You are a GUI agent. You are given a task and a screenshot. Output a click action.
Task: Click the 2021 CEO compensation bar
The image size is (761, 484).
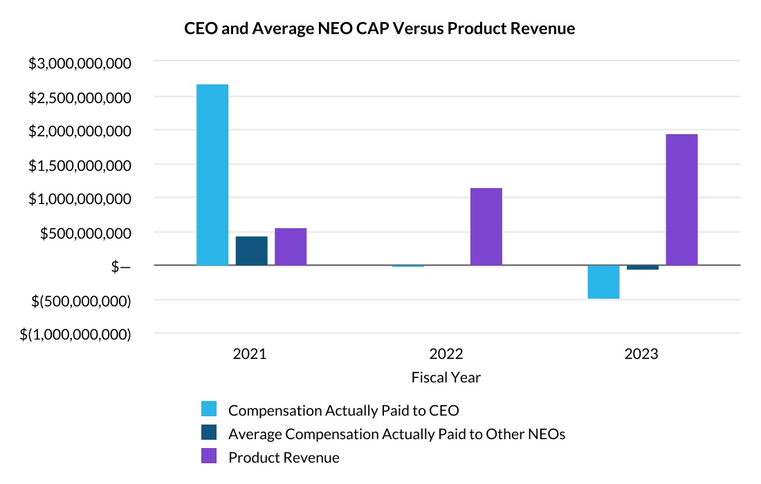click(x=212, y=174)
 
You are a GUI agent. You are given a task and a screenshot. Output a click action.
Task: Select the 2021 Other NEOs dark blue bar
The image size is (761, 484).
click(x=251, y=251)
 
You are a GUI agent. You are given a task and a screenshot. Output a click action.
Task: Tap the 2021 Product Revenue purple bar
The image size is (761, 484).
click(x=291, y=247)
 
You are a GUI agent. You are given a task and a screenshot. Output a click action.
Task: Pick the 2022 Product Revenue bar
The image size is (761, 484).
click(x=486, y=227)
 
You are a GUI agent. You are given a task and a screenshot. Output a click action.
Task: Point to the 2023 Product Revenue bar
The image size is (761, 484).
click(x=681, y=200)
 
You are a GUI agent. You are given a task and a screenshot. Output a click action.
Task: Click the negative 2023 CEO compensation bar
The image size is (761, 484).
click(x=603, y=282)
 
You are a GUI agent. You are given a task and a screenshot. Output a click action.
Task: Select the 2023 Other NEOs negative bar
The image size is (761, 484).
click(x=643, y=268)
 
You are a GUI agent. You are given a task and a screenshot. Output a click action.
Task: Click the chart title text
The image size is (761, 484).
click(x=380, y=29)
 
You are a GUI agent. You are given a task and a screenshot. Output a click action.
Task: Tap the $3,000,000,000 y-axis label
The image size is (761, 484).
click(x=80, y=63)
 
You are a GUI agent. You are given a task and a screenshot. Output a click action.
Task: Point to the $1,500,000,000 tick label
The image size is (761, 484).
click(x=80, y=165)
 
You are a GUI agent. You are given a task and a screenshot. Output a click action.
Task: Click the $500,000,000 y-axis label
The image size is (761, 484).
click(x=85, y=233)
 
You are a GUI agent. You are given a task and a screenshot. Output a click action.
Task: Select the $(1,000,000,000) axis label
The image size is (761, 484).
click(x=75, y=335)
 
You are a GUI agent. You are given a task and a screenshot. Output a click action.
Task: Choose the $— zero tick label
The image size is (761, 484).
click(x=120, y=267)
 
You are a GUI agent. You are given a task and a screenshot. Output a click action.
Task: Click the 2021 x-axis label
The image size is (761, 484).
click(x=250, y=355)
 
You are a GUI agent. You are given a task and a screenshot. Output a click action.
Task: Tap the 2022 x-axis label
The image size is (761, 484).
click(x=446, y=355)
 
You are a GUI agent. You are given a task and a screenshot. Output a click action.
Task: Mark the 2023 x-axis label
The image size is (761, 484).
click(x=641, y=355)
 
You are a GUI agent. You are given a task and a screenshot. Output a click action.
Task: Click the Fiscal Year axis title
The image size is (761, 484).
click(x=446, y=378)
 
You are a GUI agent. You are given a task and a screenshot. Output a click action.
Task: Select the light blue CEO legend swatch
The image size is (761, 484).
click(x=208, y=409)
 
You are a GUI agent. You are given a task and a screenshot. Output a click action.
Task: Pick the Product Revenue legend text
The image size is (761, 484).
click(x=284, y=457)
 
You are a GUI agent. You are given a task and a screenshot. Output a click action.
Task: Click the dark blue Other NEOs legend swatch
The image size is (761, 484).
click(x=208, y=433)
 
